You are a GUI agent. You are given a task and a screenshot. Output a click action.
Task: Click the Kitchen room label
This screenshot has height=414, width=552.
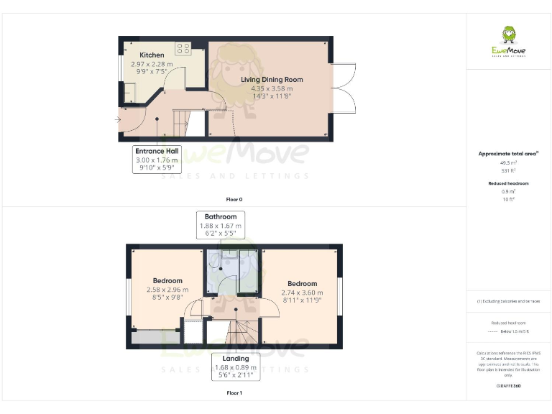tap(152, 55)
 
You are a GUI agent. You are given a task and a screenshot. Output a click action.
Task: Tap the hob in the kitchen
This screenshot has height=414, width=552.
tap(183, 49)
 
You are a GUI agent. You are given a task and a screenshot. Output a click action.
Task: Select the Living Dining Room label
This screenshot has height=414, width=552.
tap(272, 80)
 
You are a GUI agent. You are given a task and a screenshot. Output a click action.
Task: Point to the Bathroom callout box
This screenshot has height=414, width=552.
tap(221, 225)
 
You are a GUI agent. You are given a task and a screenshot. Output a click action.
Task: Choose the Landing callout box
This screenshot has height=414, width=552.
tap(236, 367)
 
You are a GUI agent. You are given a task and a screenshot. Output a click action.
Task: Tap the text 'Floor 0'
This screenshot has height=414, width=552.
tap(234, 198)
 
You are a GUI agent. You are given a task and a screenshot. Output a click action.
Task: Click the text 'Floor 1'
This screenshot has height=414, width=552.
tap(234, 393)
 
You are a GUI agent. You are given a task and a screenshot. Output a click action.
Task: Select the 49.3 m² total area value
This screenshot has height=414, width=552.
tap(509, 163)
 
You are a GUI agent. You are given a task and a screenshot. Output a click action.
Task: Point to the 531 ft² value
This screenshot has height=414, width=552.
tap(509, 170)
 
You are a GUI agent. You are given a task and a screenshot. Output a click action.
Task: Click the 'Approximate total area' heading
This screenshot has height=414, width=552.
tap(508, 154)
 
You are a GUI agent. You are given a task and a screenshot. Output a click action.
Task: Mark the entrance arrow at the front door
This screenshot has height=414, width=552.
tap(117, 119)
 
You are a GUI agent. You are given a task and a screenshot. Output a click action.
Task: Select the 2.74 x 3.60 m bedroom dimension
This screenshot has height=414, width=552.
tap(302, 293)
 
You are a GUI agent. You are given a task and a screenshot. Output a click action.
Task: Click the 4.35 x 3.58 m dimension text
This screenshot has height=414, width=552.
tap(272, 88)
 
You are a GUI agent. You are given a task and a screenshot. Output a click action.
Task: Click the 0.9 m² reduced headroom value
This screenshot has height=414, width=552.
tap(509, 191)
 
